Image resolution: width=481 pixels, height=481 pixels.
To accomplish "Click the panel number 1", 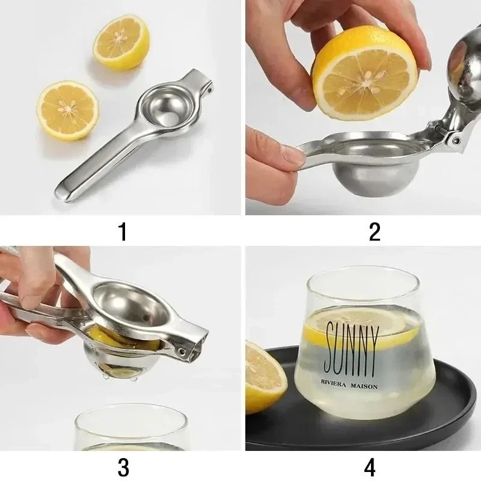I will [x=123, y=231].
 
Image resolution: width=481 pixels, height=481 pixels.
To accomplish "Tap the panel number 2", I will [x=374, y=231].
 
